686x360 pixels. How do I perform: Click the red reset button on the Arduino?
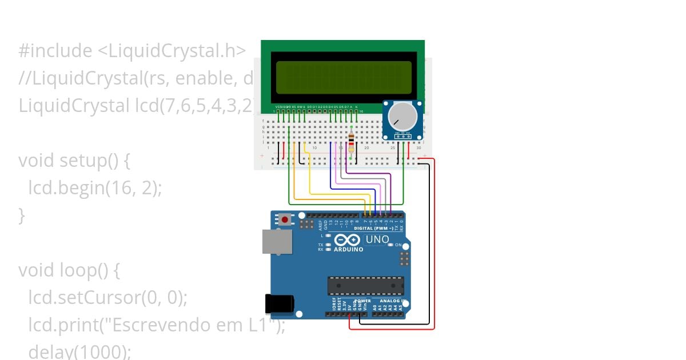(285, 219)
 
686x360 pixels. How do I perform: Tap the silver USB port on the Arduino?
(277, 241)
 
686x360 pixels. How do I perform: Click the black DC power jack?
(279, 303)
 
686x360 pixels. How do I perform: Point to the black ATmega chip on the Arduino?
(365, 286)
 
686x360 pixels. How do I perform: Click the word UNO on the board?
(377, 239)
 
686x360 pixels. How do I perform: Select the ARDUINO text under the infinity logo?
(349, 249)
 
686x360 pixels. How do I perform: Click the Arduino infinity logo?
(348, 240)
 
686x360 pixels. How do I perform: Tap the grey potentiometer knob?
(402, 117)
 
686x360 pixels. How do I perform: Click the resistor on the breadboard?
(351, 141)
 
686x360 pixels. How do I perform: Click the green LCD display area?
(344, 78)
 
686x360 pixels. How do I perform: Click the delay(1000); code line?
(80, 351)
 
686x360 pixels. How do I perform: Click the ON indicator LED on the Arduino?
(390, 245)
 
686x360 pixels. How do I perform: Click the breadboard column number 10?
(314, 148)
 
